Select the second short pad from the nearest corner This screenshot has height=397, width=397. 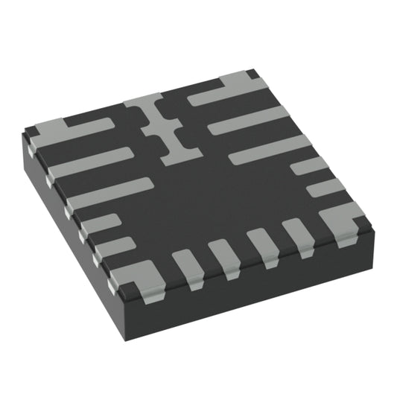point(224,255)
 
